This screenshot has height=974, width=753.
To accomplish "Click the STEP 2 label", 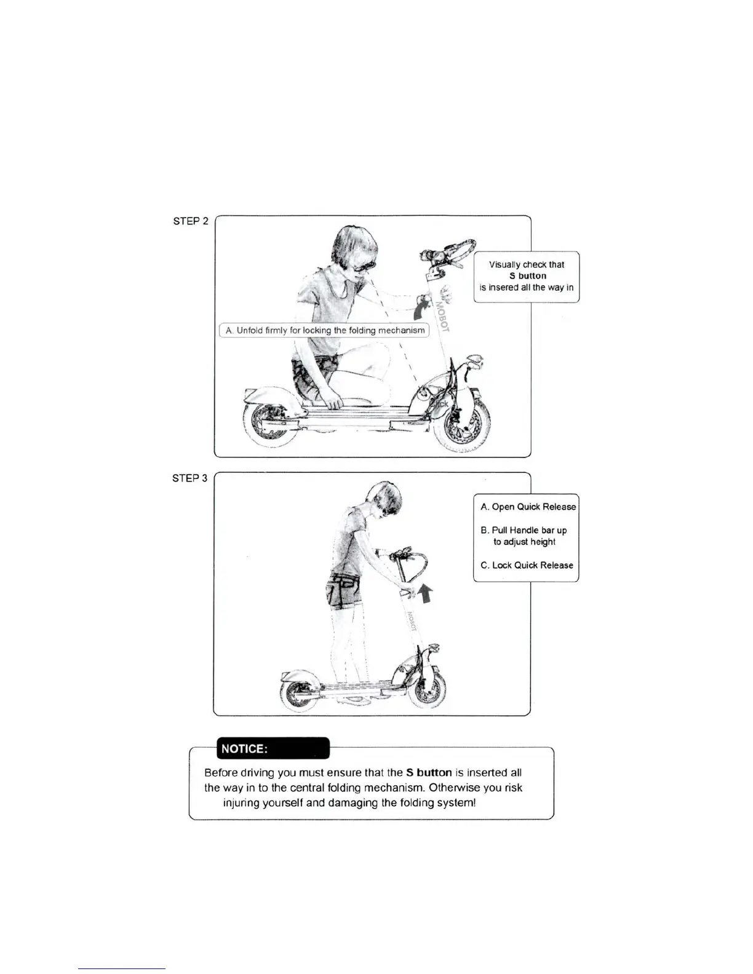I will (x=191, y=221).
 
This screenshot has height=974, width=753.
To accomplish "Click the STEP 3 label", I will (x=190, y=478).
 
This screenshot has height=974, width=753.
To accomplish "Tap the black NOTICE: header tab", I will (x=273, y=748).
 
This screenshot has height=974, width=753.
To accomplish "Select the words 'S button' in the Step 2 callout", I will (x=527, y=276).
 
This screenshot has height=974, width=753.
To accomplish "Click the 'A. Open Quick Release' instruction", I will (x=528, y=507).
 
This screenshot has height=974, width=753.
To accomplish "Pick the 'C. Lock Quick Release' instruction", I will (x=527, y=565).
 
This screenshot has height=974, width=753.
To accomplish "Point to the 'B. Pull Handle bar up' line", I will (x=524, y=530).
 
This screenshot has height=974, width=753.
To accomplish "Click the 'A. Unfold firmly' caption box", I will (x=324, y=330).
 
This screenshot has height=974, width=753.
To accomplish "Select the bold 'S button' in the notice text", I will (x=429, y=772).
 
